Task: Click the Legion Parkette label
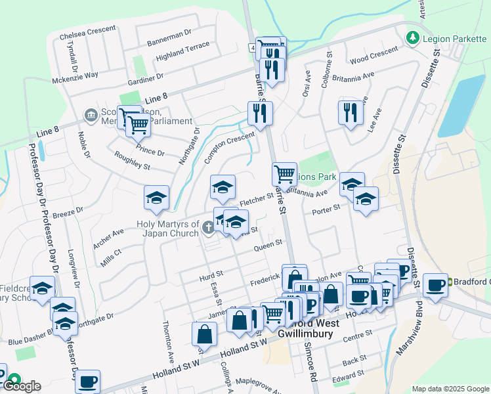point(450,39)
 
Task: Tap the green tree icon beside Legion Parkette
point(414,38)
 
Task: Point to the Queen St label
point(268,244)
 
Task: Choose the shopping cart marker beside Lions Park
point(284,175)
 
